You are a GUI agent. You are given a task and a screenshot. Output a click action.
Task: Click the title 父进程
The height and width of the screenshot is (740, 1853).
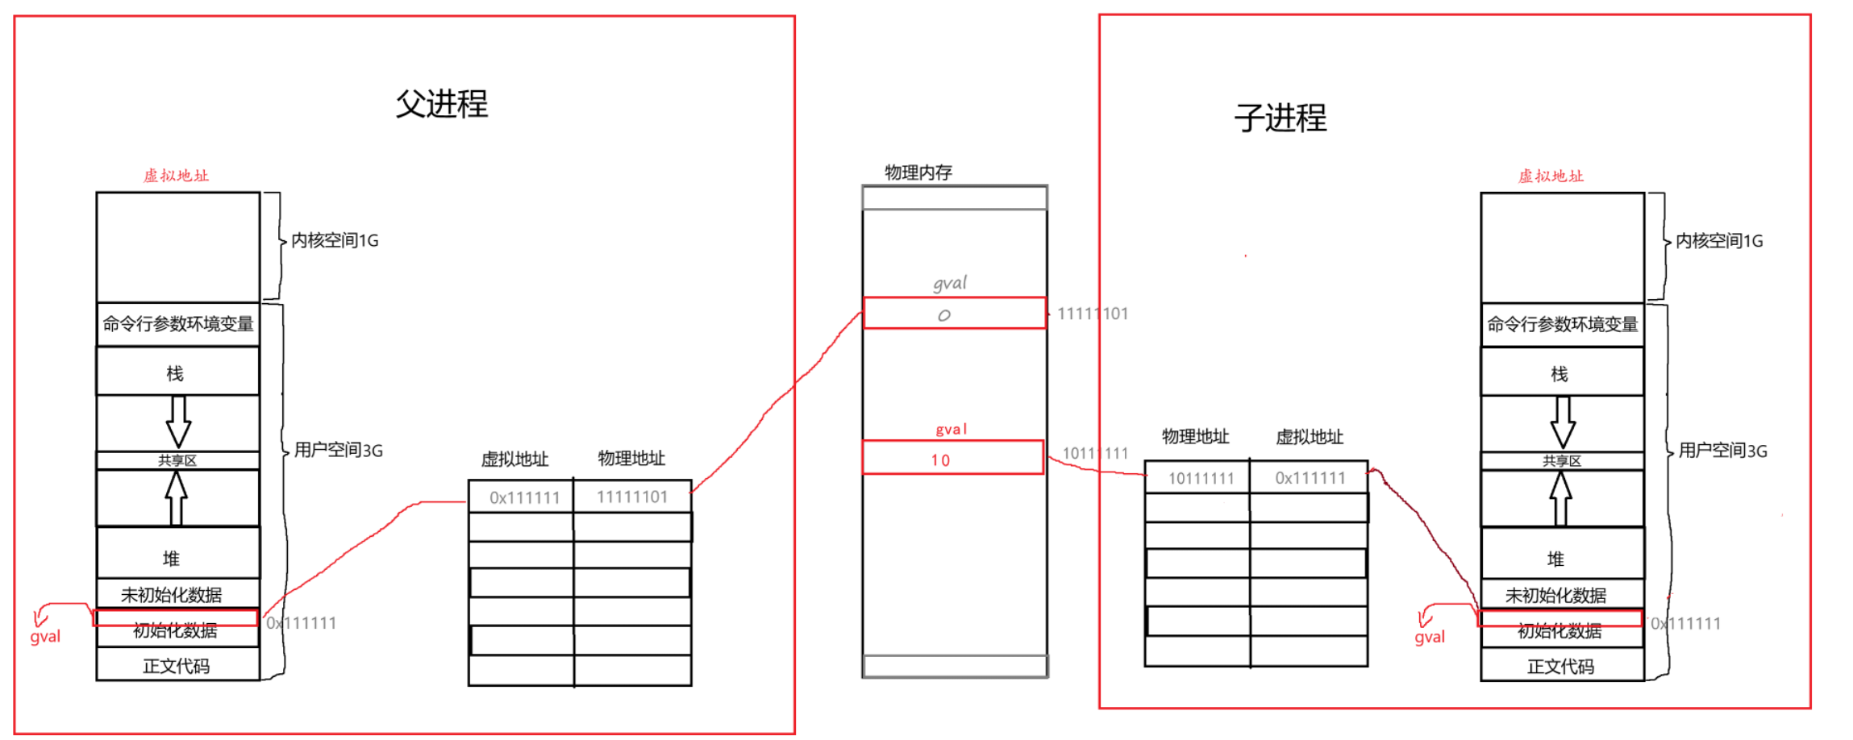442,104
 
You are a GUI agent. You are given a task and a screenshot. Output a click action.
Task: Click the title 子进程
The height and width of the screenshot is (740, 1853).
1280,118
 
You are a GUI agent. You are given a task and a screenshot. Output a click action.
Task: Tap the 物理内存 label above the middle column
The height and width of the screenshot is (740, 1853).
918,173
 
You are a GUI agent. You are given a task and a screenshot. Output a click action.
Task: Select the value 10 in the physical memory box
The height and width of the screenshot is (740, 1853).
941,460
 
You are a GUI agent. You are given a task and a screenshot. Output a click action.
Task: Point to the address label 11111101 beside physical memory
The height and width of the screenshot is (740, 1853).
1093,314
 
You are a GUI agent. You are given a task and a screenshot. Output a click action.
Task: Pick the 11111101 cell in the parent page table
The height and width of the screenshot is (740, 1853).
632,497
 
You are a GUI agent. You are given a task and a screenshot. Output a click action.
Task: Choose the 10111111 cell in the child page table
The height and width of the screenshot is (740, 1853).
1201,479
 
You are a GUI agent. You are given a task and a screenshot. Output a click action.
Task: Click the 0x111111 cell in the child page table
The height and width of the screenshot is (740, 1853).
1310,478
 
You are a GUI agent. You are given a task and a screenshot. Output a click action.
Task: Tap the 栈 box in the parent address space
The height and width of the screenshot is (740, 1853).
176,373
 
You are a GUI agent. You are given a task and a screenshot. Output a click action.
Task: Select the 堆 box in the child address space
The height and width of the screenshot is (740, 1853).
1555,559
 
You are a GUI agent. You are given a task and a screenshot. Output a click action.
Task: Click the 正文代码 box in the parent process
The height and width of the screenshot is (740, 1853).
176,666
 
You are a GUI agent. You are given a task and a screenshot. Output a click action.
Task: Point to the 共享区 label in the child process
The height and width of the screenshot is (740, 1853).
1562,461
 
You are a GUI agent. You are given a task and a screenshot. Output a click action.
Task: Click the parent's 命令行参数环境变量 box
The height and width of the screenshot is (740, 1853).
178,324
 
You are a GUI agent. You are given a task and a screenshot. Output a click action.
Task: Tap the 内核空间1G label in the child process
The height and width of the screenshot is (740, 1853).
1719,241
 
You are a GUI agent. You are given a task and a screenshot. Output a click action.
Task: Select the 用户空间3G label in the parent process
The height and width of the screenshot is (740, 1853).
339,450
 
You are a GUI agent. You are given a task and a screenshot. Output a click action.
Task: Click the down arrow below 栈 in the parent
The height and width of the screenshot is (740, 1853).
178,421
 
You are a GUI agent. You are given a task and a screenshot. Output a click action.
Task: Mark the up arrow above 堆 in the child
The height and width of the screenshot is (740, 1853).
1561,497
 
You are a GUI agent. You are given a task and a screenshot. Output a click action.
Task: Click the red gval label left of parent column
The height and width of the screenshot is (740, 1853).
45,637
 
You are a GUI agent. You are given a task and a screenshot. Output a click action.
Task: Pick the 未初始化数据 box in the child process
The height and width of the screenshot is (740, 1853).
1555,596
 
